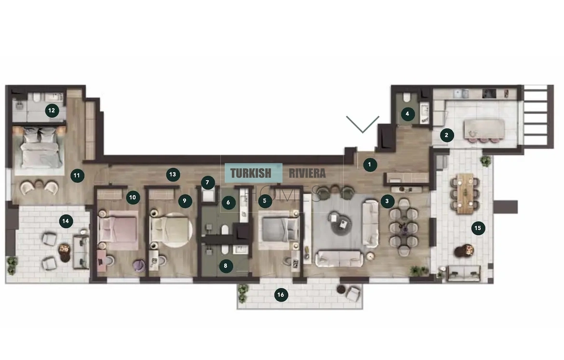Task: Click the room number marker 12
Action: click(x=52, y=110)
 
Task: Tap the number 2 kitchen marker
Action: click(x=447, y=135)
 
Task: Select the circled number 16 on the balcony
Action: click(x=281, y=295)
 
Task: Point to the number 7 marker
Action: click(x=208, y=183)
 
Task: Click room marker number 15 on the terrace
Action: click(x=478, y=228)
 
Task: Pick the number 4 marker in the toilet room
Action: click(x=407, y=114)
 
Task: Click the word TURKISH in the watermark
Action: click(x=251, y=173)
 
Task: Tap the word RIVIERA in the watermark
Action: click(x=307, y=173)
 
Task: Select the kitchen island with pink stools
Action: click(x=484, y=129)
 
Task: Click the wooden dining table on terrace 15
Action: click(x=465, y=193)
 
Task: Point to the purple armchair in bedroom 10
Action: click(x=139, y=266)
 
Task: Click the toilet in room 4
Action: click(x=407, y=97)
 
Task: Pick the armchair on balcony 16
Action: click(x=353, y=294)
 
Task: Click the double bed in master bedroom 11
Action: click(x=40, y=148)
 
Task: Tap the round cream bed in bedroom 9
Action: click(x=171, y=230)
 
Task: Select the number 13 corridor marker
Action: click(x=173, y=175)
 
